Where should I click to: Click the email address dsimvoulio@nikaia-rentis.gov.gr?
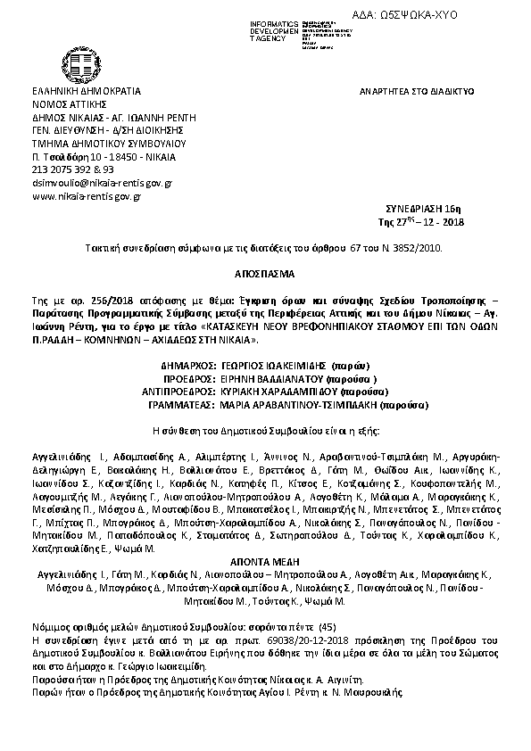click(x=101, y=182)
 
